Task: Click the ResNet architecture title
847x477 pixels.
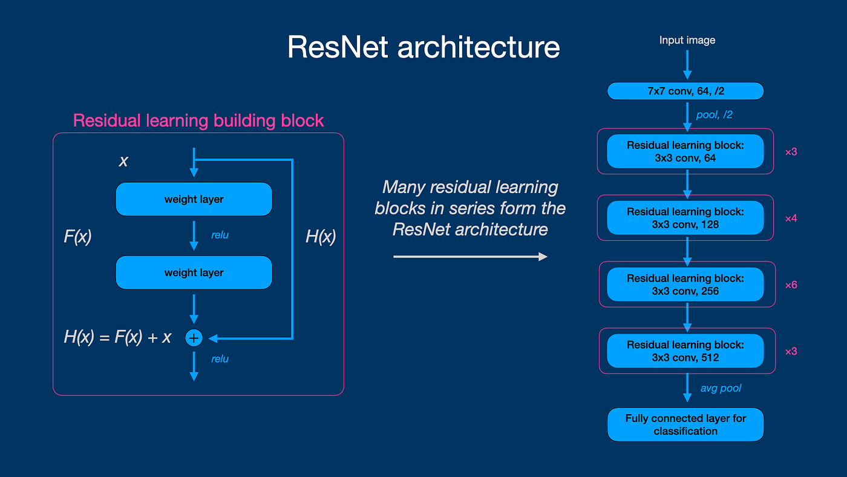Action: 423,47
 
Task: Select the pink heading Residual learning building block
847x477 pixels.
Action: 198,120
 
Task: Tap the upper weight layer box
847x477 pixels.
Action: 194,199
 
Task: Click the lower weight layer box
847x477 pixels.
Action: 194,272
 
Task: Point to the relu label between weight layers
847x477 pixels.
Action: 220,235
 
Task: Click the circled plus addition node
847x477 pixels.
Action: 194,338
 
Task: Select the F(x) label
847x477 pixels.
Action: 77,236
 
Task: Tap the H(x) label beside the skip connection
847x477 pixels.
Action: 320,237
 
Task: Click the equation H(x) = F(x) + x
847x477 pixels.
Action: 117,338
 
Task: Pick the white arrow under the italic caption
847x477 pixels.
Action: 470,257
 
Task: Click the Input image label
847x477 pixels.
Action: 687,40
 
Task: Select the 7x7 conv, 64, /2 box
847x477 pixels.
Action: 685,91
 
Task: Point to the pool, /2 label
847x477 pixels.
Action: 714,114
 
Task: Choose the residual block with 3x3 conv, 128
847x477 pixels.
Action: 685,218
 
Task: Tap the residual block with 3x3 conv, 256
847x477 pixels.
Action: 685,285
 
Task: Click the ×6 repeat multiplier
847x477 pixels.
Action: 791,285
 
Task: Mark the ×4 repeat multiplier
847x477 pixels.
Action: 791,218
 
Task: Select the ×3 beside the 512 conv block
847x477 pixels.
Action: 791,351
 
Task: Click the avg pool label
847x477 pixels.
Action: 721,388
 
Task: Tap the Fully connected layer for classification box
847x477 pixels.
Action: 685,425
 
